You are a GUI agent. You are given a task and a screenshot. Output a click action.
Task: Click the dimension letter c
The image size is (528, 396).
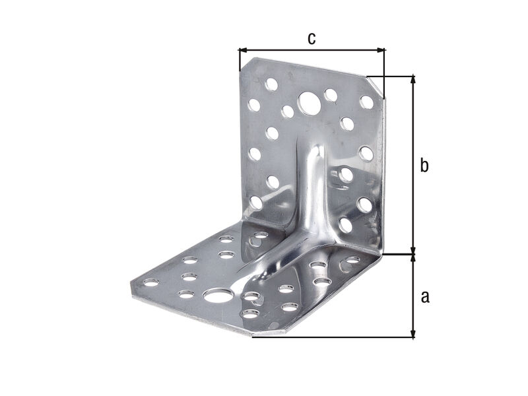pos(312,39)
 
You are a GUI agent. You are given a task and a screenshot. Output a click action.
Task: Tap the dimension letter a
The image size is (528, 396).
pos(425,296)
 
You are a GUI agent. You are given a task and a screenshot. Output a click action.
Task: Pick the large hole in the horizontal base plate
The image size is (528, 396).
pos(218,296)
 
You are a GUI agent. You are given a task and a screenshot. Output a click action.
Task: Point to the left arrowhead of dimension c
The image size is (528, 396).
pos(243,50)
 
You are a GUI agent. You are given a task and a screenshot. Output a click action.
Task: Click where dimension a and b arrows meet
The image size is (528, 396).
pos(414,254)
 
